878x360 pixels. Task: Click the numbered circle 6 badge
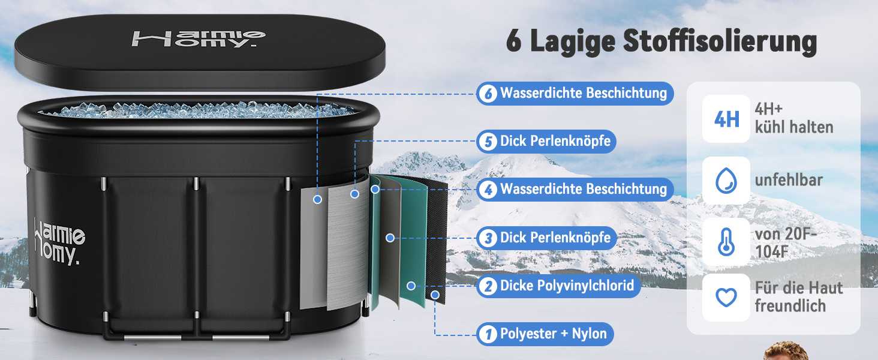pos(488,94)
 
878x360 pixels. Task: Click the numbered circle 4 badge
pos(488,190)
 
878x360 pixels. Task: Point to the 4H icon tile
pos(726,119)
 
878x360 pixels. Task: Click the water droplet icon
pos(726,181)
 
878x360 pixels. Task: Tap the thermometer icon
pos(726,242)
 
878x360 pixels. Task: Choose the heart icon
pos(726,297)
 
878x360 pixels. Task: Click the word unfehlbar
pos(789,180)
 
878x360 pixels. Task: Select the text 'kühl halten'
pos(794,127)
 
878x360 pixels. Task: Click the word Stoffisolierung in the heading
pos(720,41)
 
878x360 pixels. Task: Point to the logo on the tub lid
pos(199,39)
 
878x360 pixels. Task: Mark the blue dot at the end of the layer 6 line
pos(317,200)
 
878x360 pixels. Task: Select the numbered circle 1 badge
pos(488,334)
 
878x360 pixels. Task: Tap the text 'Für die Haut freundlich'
pos(799,297)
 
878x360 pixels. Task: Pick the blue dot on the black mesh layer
pos(435,295)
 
